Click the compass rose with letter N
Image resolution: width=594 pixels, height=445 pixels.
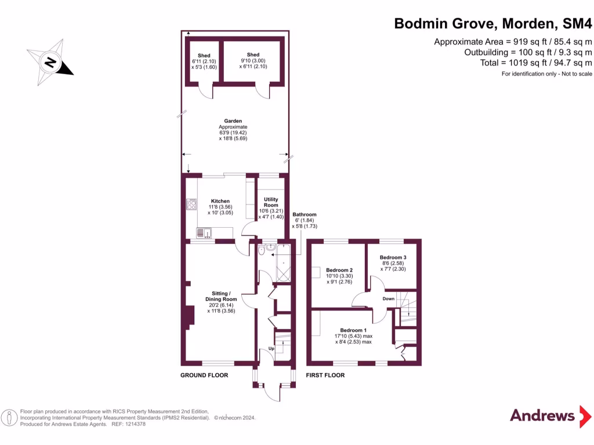click(51, 60)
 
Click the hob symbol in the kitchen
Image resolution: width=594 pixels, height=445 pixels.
click(191, 205)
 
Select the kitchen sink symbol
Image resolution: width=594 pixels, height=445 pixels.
click(204, 233)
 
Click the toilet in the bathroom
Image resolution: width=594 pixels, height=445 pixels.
click(262, 251)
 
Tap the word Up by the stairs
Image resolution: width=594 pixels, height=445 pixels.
click(271, 349)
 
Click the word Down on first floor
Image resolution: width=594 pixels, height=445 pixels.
click(389, 299)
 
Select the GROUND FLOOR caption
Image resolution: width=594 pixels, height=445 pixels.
click(204, 375)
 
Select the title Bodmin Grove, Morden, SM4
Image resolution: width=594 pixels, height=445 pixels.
click(493, 24)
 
